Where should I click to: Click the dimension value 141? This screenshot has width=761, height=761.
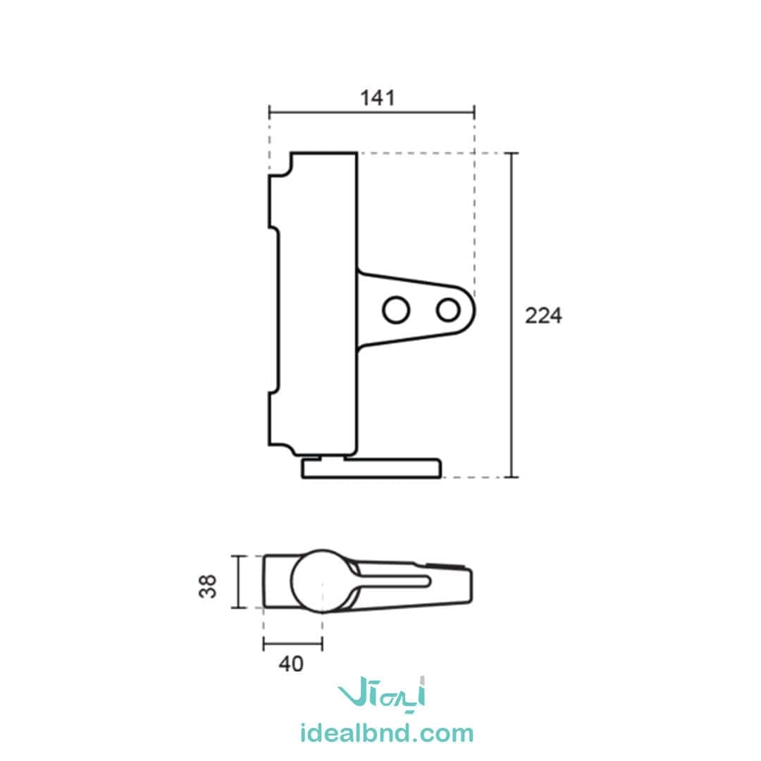(378, 98)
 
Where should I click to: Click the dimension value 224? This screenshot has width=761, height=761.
(543, 316)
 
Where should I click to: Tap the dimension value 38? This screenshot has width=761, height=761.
(208, 586)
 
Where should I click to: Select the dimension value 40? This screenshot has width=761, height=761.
(291, 664)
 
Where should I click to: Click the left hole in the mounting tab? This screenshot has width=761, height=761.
(396, 309)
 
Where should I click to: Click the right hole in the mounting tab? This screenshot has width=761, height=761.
(448, 309)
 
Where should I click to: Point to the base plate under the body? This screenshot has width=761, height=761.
(372, 469)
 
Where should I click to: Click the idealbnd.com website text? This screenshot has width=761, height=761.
(387, 734)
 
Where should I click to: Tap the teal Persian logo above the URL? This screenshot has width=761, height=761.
(382, 693)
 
